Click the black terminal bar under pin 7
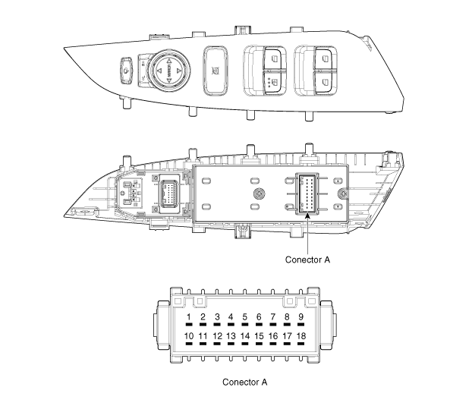click(272, 325)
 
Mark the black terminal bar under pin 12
click(217, 344)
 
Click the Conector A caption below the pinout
click(245, 382)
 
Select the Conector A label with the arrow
click(307, 260)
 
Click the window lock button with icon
click(216, 71)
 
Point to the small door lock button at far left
click(126, 71)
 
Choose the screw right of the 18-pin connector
click(342, 194)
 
